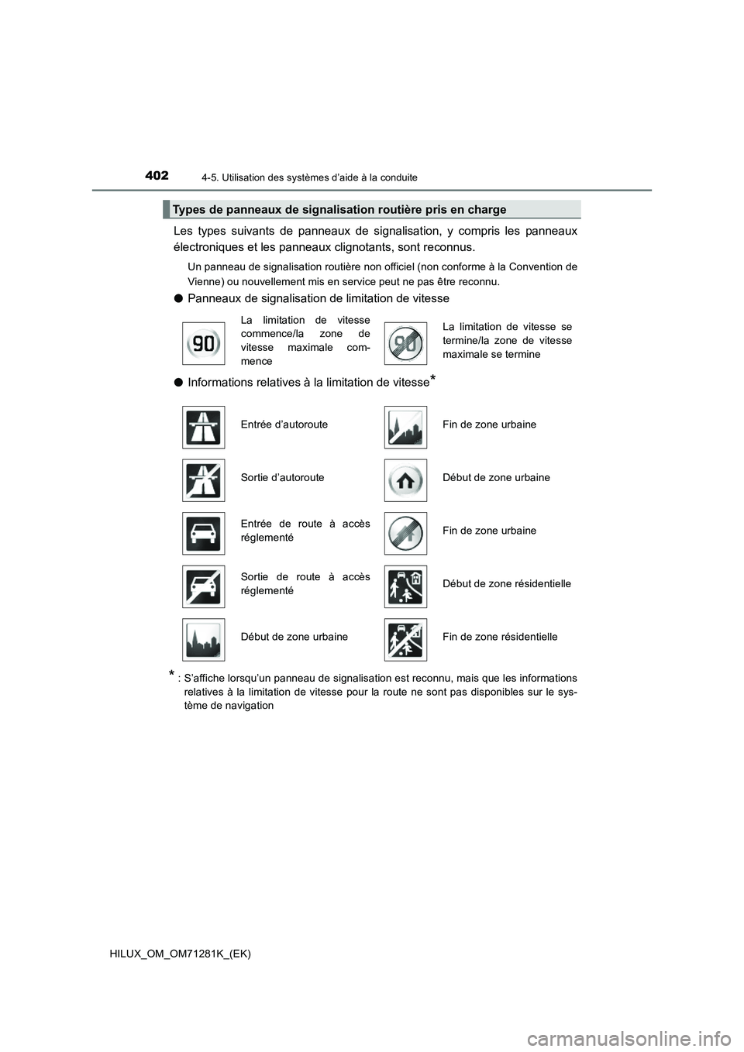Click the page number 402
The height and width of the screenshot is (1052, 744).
tap(156, 176)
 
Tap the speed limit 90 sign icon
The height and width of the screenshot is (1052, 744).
tap(203, 342)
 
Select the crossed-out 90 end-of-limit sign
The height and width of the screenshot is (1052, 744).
tap(405, 342)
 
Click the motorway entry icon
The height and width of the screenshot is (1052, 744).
tap(203, 427)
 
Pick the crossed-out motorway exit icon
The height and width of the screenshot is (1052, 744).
tap(203, 480)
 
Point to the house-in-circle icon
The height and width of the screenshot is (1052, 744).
tap(405, 480)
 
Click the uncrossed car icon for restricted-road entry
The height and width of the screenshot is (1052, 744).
tap(203, 533)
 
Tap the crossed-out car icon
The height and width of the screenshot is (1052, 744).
tap(203, 586)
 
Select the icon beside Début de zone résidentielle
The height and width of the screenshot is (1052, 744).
tap(405, 586)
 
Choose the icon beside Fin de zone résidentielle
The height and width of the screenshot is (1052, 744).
tap(405, 639)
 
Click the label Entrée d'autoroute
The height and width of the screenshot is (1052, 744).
tap(284, 425)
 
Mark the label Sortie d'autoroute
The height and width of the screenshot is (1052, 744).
tap(282, 477)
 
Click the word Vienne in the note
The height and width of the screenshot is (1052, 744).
tap(204, 281)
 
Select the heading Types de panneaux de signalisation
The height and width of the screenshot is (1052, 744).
tap(339, 209)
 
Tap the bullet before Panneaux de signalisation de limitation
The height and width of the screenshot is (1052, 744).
tap(177, 298)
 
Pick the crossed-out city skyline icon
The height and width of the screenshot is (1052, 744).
tap(405, 427)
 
